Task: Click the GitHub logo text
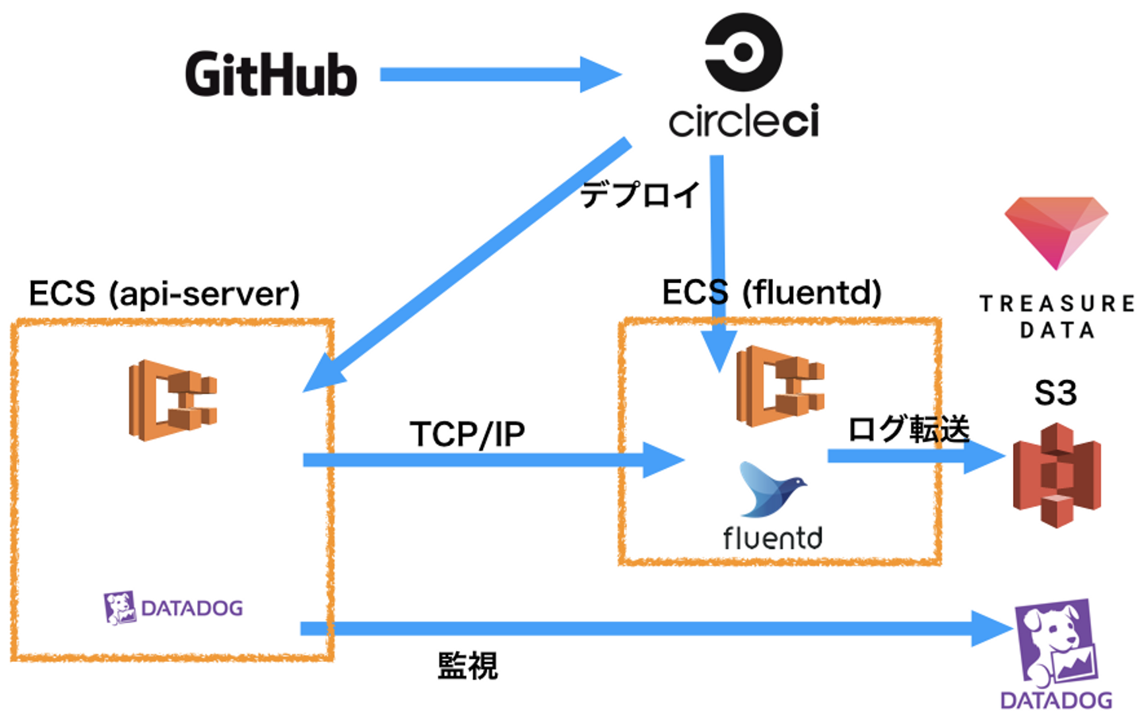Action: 271,75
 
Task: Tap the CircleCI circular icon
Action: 744,52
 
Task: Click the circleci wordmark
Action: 744,121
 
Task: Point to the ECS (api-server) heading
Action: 164,294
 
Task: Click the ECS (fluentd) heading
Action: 772,292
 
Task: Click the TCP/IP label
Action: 467,434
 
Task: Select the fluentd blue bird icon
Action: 771,489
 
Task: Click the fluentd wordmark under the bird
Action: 772,538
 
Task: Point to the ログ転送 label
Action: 909,429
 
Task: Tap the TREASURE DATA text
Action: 1057,316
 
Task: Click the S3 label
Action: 1056,393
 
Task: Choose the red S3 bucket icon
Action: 1057,475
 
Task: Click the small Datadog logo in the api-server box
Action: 173,608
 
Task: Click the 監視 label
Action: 467,666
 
